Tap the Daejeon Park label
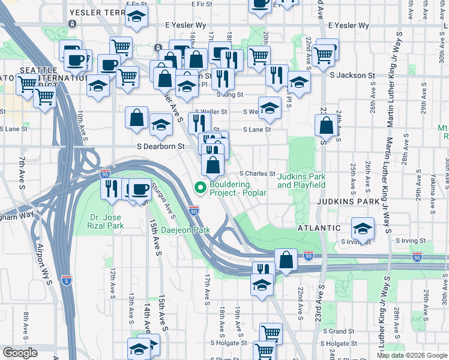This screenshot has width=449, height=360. (189, 230)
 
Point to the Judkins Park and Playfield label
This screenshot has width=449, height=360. (301, 181)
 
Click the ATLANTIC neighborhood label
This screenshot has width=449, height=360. (319, 228)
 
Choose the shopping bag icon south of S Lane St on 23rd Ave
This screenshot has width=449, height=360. (326, 126)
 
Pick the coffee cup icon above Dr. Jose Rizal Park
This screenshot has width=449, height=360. (140, 190)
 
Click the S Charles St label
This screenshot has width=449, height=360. (257, 174)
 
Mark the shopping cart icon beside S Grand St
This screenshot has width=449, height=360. (271, 333)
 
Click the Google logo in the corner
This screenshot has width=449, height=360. (20, 353)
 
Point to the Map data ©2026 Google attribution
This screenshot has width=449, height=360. (412, 355)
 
